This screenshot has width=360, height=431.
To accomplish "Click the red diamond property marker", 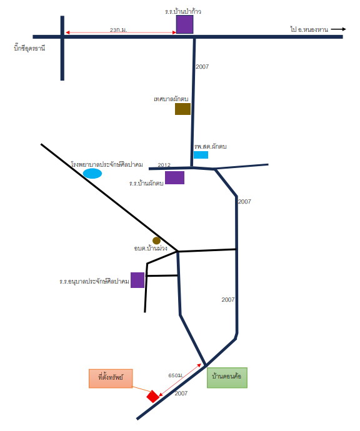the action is click(152, 396).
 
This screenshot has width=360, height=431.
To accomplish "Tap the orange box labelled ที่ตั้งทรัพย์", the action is click(111, 379).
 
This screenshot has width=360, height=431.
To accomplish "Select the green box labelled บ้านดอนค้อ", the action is click(227, 378).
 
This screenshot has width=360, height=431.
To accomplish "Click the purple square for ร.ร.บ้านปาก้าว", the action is click(184, 24).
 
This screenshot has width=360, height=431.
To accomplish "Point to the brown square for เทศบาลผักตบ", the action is click(183, 109).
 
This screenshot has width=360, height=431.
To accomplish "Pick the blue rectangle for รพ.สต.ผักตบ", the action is click(201, 155).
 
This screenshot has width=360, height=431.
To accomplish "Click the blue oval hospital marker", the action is click(92, 174).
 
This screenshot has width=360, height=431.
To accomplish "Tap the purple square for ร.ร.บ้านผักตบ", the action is click(174, 177).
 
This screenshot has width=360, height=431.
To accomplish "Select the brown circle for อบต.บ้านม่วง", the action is click(156, 240).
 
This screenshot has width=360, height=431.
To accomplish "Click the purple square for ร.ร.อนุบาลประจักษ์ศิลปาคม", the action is click(137, 280).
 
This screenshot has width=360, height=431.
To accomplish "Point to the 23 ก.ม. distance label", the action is click(119, 30).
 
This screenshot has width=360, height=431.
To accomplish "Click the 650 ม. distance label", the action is click(176, 375).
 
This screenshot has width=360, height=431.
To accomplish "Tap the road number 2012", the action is click(164, 165).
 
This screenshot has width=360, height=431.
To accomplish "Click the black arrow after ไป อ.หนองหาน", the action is click(338, 29).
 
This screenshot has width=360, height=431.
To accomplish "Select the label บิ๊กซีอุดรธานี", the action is click(29, 48).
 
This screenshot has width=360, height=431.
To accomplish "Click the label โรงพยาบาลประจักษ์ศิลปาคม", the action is click(107, 164).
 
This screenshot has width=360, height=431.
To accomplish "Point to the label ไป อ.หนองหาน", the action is click(309, 29).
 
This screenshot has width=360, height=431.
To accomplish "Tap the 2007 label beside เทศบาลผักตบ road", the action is click(202, 66).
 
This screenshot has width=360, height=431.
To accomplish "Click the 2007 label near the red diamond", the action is click(181, 394).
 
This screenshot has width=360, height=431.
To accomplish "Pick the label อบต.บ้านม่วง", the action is click(151, 248).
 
